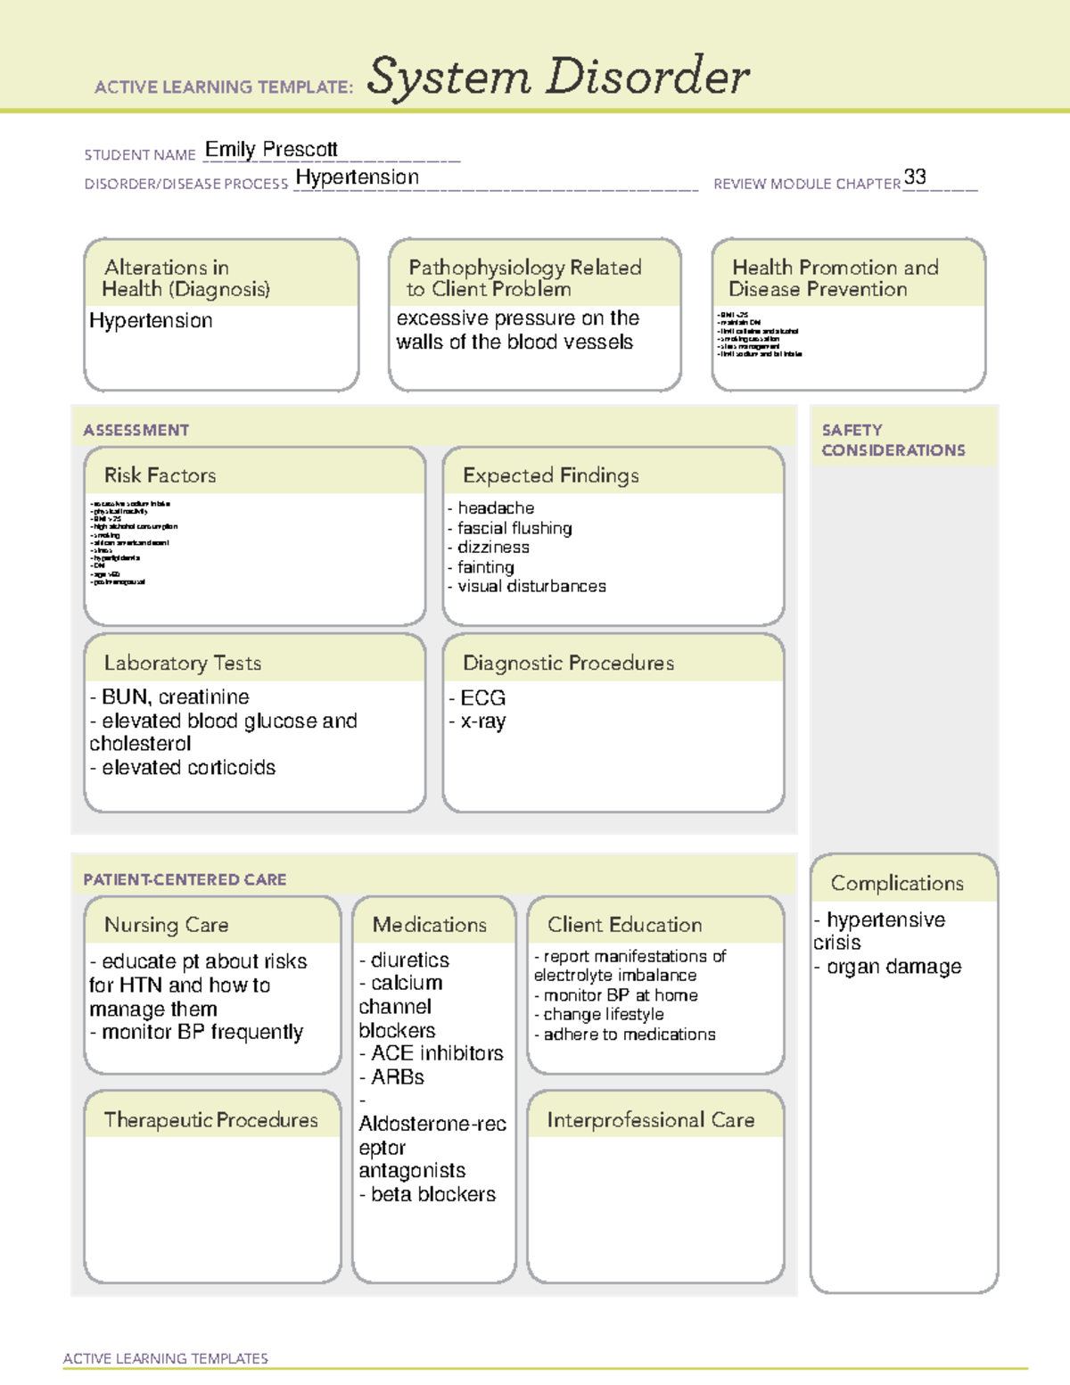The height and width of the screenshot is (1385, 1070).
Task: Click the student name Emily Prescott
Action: click(x=271, y=150)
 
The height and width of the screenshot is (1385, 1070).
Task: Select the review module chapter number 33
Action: click(x=915, y=177)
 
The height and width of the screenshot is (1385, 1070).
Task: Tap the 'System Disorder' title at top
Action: click(x=558, y=77)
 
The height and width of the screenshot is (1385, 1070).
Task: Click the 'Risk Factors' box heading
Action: click(x=160, y=475)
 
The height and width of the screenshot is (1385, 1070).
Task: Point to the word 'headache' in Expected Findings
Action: click(x=496, y=508)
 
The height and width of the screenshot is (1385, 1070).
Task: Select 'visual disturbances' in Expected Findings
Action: click(x=531, y=587)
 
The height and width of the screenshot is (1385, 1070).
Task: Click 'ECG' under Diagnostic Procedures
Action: click(x=482, y=697)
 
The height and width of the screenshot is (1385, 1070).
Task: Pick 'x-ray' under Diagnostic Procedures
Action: click(x=482, y=721)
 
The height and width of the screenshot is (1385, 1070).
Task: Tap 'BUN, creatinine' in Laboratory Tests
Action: click(x=175, y=697)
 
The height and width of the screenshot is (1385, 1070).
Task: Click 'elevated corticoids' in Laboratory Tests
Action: click(x=188, y=768)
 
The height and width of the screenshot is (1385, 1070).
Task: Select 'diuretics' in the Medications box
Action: click(x=409, y=960)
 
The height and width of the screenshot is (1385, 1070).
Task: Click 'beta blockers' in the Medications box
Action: click(x=432, y=1194)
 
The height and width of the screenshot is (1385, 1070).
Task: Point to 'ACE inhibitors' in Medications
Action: click(x=437, y=1053)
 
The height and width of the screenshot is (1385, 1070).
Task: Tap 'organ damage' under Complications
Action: click(x=893, y=967)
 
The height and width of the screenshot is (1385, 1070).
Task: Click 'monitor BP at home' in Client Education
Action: click(x=621, y=995)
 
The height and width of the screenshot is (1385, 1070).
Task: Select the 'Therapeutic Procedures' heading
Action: click(x=211, y=1120)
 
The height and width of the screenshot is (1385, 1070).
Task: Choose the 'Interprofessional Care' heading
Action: click(x=651, y=1120)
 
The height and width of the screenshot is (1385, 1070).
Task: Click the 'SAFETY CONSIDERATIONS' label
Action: click(x=893, y=441)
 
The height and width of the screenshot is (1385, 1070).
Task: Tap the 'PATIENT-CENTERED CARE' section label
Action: click(x=185, y=879)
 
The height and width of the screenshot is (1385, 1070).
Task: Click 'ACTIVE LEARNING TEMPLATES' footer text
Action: click(x=166, y=1358)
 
